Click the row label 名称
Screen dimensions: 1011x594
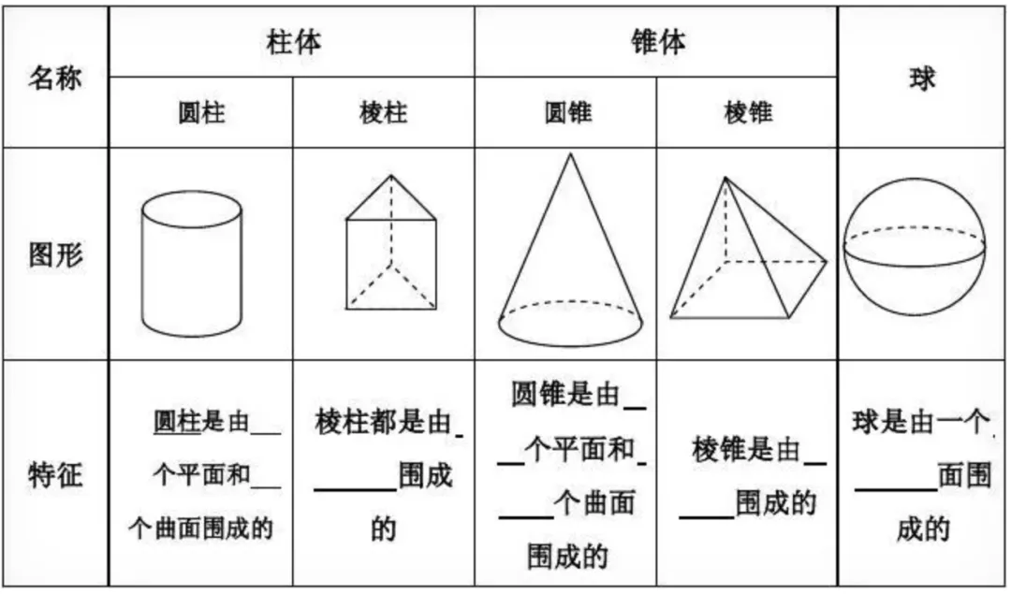coord(54,78)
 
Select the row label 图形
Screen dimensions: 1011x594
coord(54,254)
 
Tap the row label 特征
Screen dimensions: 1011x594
coord(54,475)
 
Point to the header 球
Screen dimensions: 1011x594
coord(922,79)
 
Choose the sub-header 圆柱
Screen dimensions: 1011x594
coord(201,113)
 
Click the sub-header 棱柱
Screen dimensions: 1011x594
coord(383,113)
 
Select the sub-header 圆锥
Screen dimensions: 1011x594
coord(566,113)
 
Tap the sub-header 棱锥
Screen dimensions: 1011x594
coord(747,113)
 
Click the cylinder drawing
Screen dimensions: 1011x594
coord(191,264)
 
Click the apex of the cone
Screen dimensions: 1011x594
coord(569,154)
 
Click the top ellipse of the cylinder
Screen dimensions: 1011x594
coord(191,210)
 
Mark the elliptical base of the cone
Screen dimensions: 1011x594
coord(570,324)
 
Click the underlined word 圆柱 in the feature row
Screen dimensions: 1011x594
coord(178,424)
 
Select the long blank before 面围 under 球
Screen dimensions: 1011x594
coord(895,485)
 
